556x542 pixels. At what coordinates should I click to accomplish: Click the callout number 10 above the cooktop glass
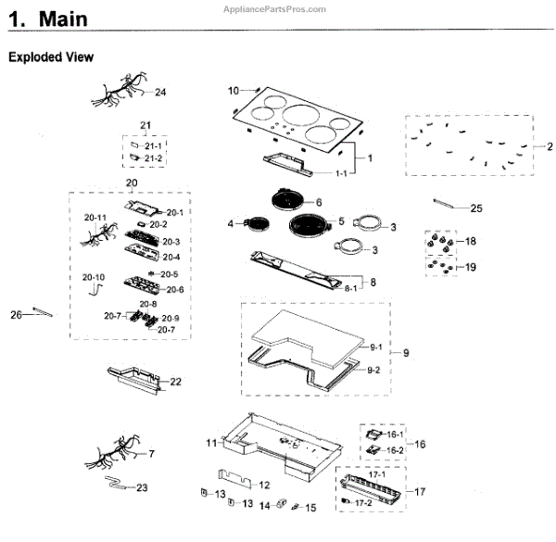(x=234, y=90)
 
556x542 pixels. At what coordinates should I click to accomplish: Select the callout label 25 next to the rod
(x=476, y=208)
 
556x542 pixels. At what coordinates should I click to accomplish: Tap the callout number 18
(x=471, y=241)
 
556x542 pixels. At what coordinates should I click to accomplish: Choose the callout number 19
(x=471, y=267)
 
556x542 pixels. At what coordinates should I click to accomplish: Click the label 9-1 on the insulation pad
(x=374, y=347)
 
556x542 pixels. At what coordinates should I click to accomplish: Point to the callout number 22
(x=176, y=382)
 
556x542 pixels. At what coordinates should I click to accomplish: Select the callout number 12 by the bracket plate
(x=263, y=485)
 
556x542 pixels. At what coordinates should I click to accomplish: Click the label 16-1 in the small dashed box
(x=396, y=434)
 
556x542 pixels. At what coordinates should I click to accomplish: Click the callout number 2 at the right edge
(x=549, y=147)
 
